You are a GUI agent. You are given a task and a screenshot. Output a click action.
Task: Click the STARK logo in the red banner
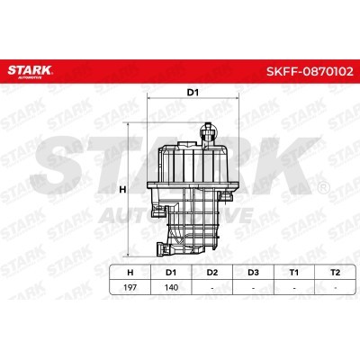pyautogui.click(x=30, y=72)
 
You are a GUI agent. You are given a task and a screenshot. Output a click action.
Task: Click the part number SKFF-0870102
pyautogui.click(x=310, y=71)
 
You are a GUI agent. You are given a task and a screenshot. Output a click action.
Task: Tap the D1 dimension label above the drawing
pyautogui.click(x=193, y=93)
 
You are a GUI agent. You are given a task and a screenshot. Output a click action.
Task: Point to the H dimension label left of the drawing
pyautogui.click(x=122, y=190)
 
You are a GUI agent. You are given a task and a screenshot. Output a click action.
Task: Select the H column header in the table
pyautogui.click(x=130, y=273)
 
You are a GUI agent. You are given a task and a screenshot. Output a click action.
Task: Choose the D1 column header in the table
pyautogui.click(x=171, y=273)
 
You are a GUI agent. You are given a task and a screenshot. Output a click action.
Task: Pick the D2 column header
pyautogui.click(x=212, y=273)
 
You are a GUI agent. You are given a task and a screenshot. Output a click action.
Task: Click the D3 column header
pyautogui.click(x=254, y=273)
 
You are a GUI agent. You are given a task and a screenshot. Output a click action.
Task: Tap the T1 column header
pyautogui.click(x=294, y=273)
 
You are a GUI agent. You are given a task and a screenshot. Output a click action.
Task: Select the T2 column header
pyautogui.click(x=335, y=273)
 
